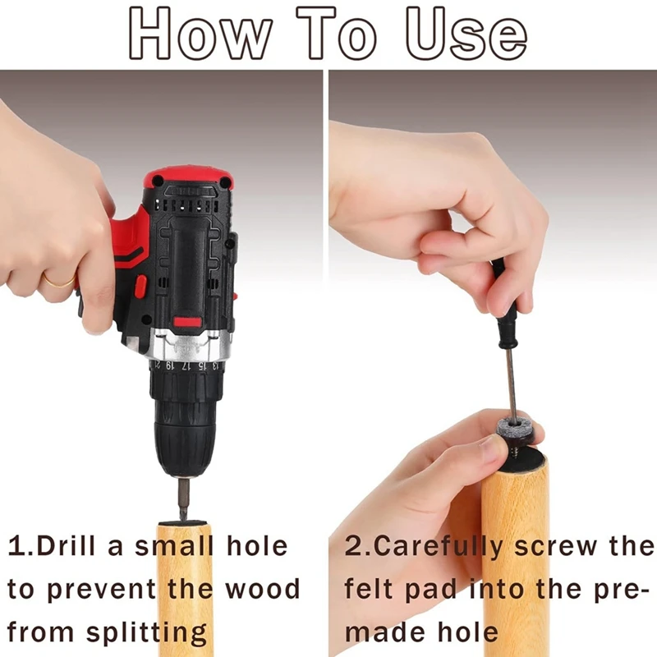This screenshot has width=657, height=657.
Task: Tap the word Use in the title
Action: click(466, 34)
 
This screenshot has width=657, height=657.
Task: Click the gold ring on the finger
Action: click(59, 281)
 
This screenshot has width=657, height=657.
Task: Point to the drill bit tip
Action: click(183, 520)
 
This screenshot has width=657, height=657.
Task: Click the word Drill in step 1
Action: click(66, 546)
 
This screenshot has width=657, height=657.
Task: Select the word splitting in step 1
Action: click(147, 632)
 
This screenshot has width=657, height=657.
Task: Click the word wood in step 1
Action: click(263, 589)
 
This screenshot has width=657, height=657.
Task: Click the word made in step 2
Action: click(385, 632)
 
